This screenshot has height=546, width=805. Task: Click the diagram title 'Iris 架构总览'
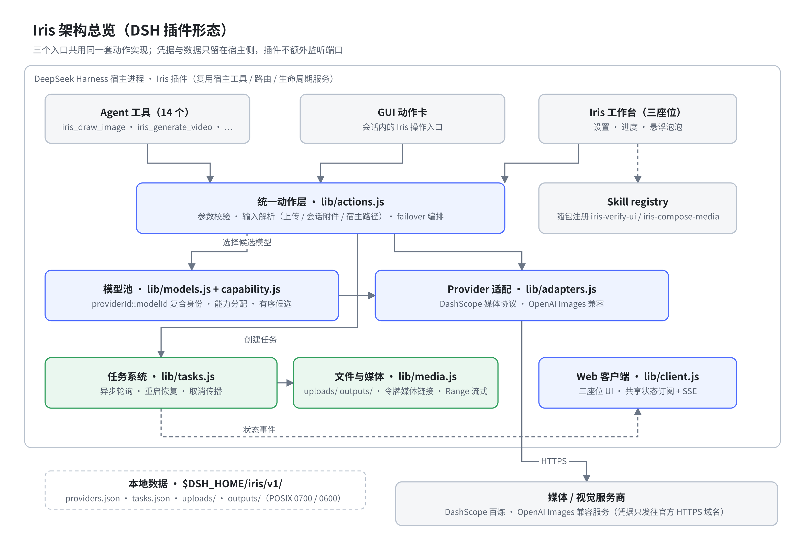click(x=74, y=30)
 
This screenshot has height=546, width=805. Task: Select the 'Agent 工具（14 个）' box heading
click(x=145, y=112)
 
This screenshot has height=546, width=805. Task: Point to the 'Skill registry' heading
click(x=637, y=202)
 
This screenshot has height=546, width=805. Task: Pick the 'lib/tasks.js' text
click(x=188, y=377)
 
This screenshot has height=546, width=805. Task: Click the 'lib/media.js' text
click(x=427, y=377)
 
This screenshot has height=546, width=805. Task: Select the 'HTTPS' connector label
click(x=554, y=461)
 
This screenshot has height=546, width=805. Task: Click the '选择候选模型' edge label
click(x=247, y=242)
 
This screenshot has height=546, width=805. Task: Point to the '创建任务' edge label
click(x=260, y=339)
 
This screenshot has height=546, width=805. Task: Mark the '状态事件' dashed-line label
click(x=259, y=430)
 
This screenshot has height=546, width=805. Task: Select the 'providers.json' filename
click(x=93, y=498)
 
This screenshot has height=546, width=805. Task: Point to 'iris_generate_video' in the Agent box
click(x=174, y=127)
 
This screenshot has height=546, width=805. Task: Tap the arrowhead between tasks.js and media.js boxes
click(x=290, y=383)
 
